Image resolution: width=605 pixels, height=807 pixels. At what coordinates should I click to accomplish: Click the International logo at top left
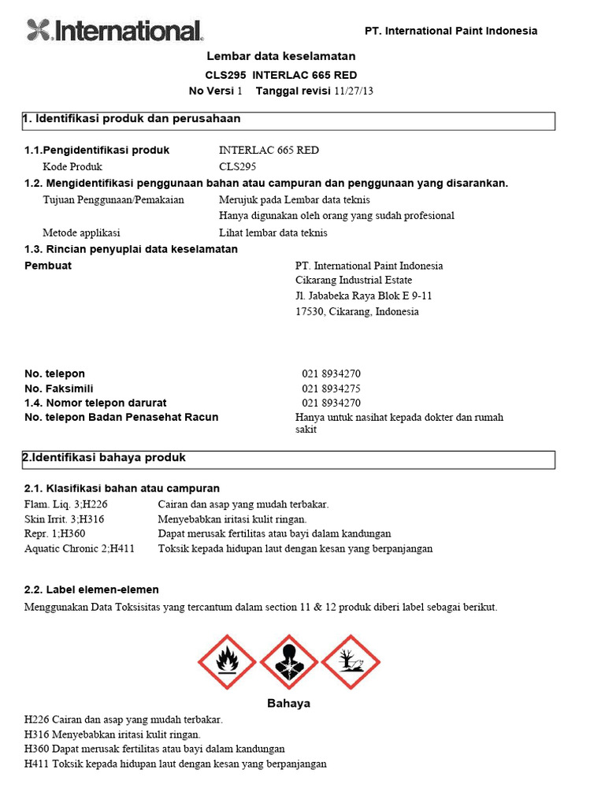click(x=115, y=31)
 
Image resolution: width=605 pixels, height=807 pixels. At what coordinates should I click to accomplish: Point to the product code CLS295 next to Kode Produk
click(x=237, y=166)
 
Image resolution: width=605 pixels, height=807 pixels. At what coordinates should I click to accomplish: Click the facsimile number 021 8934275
click(x=331, y=388)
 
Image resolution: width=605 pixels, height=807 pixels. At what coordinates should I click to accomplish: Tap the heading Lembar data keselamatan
click(x=280, y=56)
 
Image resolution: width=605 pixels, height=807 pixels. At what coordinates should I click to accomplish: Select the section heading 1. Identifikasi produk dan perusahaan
click(x=132, y=119)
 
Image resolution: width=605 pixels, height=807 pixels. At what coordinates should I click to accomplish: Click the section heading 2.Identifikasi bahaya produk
click(x=104, y=458)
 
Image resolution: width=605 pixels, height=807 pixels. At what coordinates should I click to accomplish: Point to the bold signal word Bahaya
click(x=288, y=703)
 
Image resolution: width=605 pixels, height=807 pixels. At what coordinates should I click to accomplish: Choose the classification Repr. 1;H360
click(x=55, y=534)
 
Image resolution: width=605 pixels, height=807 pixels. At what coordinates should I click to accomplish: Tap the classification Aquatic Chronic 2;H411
click(x=80, y=549)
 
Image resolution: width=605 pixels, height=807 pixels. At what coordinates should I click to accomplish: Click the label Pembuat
click(x=48, y=266)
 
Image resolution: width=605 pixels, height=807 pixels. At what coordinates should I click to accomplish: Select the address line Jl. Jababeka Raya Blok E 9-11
click(x=363, y=296)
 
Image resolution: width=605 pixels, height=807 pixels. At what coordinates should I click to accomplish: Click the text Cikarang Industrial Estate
click(x=353, y=281)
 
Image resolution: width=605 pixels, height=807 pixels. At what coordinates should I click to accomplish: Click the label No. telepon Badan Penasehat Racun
click(x=121, y=417)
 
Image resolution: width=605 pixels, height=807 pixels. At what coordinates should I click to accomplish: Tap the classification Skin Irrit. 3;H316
click(x=65, y=519)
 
